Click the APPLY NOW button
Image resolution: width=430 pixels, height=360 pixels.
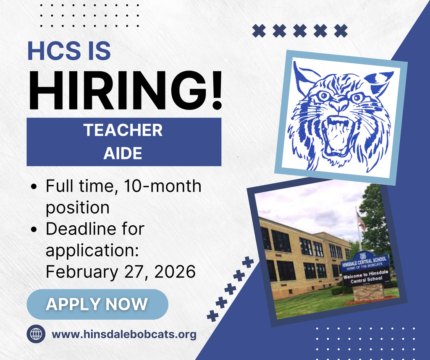coord(97,304)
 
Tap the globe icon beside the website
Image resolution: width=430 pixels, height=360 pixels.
coord(36,334)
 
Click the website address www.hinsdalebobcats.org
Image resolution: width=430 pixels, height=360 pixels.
coord(124,334)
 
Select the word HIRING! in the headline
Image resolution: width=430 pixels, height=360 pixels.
coord(125,90)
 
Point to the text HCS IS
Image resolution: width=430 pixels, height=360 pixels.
coord(69,51)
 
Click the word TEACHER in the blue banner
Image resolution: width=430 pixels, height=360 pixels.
coord(123,130)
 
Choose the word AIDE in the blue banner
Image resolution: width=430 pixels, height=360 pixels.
coord(123,153)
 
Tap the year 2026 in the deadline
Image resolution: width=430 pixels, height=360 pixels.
coord(175,271)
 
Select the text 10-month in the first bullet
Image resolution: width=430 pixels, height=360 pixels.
coord(163,186)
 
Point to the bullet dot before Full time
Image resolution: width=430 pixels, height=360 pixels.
coord(34,187)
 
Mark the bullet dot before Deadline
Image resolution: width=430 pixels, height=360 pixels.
coord(34,230)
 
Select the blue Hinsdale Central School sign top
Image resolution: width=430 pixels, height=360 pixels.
coord(365,262)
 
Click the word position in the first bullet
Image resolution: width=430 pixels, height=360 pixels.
coord(78,208)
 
